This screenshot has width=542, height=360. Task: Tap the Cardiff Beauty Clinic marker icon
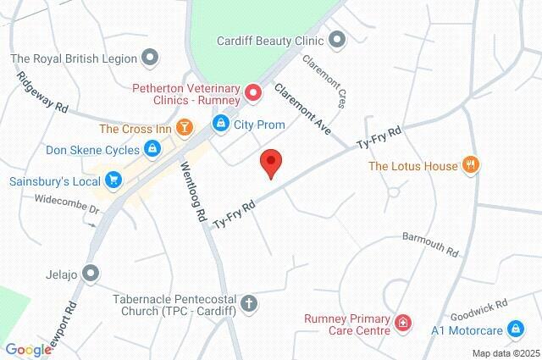[337, 39]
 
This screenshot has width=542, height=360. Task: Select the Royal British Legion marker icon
[150, 58]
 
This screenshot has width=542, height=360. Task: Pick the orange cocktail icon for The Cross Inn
[185, 128]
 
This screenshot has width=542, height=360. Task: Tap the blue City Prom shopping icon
[220, 124]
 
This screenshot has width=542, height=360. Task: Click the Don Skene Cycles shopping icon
[152, 150]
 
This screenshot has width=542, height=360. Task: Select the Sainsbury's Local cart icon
[113, 180]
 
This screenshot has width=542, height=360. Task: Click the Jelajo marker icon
[91, 274]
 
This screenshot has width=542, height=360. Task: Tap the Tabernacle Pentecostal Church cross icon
[249, 302]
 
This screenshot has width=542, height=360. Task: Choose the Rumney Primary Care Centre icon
[403, 323]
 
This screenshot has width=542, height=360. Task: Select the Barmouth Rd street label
[429, 244]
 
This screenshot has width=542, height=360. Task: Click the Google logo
[28, 350]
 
